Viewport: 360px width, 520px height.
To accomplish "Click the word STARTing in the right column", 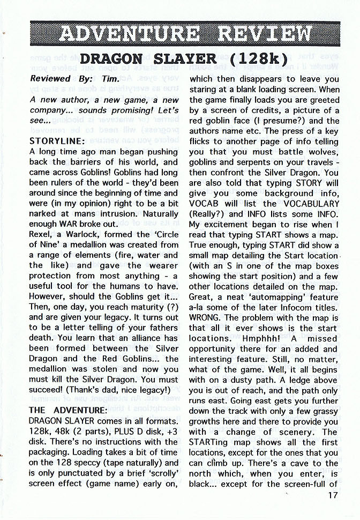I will pos(211,442).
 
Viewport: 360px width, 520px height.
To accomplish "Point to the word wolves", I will pos(321,152).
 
